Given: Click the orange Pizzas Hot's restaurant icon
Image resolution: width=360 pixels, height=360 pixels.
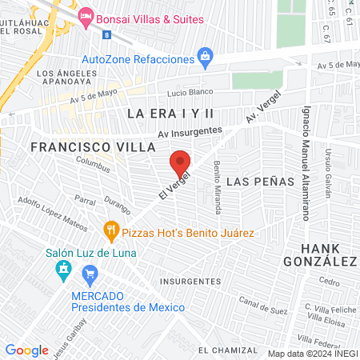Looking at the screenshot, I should (111, 232).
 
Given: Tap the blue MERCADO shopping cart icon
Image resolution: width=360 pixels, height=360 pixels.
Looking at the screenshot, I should (90, 276).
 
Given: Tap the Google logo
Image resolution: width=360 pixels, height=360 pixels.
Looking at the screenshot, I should (26, 350).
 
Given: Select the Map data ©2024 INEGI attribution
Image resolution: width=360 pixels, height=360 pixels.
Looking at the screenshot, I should (312, 353).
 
